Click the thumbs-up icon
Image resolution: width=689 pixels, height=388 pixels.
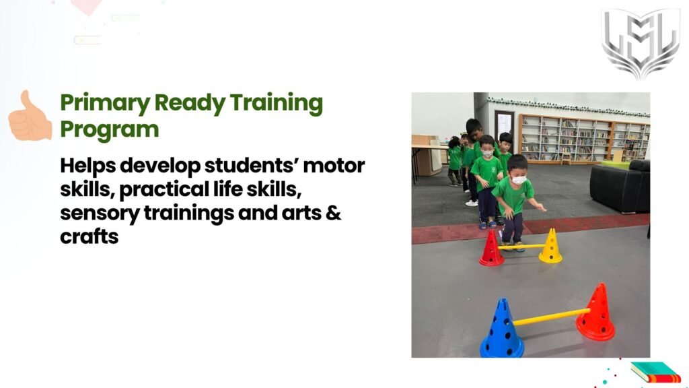coord(30,116)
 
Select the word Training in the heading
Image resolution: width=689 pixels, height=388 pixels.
coord(277,103)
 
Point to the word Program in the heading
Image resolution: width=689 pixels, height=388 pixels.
coord(110,130)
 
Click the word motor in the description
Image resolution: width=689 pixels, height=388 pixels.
coord(334,166)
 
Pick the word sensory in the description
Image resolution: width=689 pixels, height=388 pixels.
coord(100,214)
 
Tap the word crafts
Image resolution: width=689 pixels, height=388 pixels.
coord(89,236)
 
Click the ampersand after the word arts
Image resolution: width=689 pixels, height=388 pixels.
coord(334,212)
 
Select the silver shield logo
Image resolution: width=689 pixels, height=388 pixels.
coord(641,43)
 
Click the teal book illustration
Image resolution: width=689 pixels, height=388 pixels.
coord(655,372)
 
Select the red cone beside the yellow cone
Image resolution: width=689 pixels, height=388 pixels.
coord(491,249)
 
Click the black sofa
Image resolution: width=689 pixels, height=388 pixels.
coord(620,186)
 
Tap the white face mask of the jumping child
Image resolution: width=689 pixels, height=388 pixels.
coord(519,180)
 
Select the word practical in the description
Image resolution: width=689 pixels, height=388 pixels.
coord(164,190)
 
